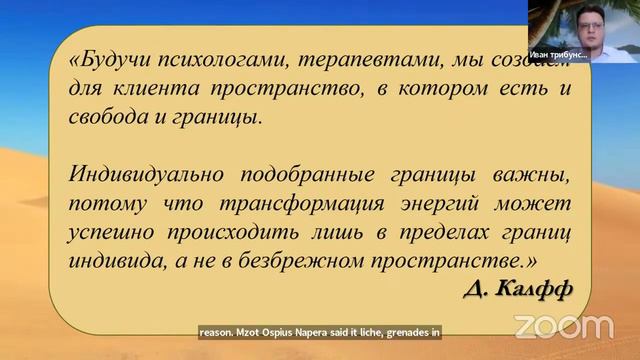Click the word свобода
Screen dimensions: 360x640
(106, 117)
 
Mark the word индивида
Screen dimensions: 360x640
(111, 261)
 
